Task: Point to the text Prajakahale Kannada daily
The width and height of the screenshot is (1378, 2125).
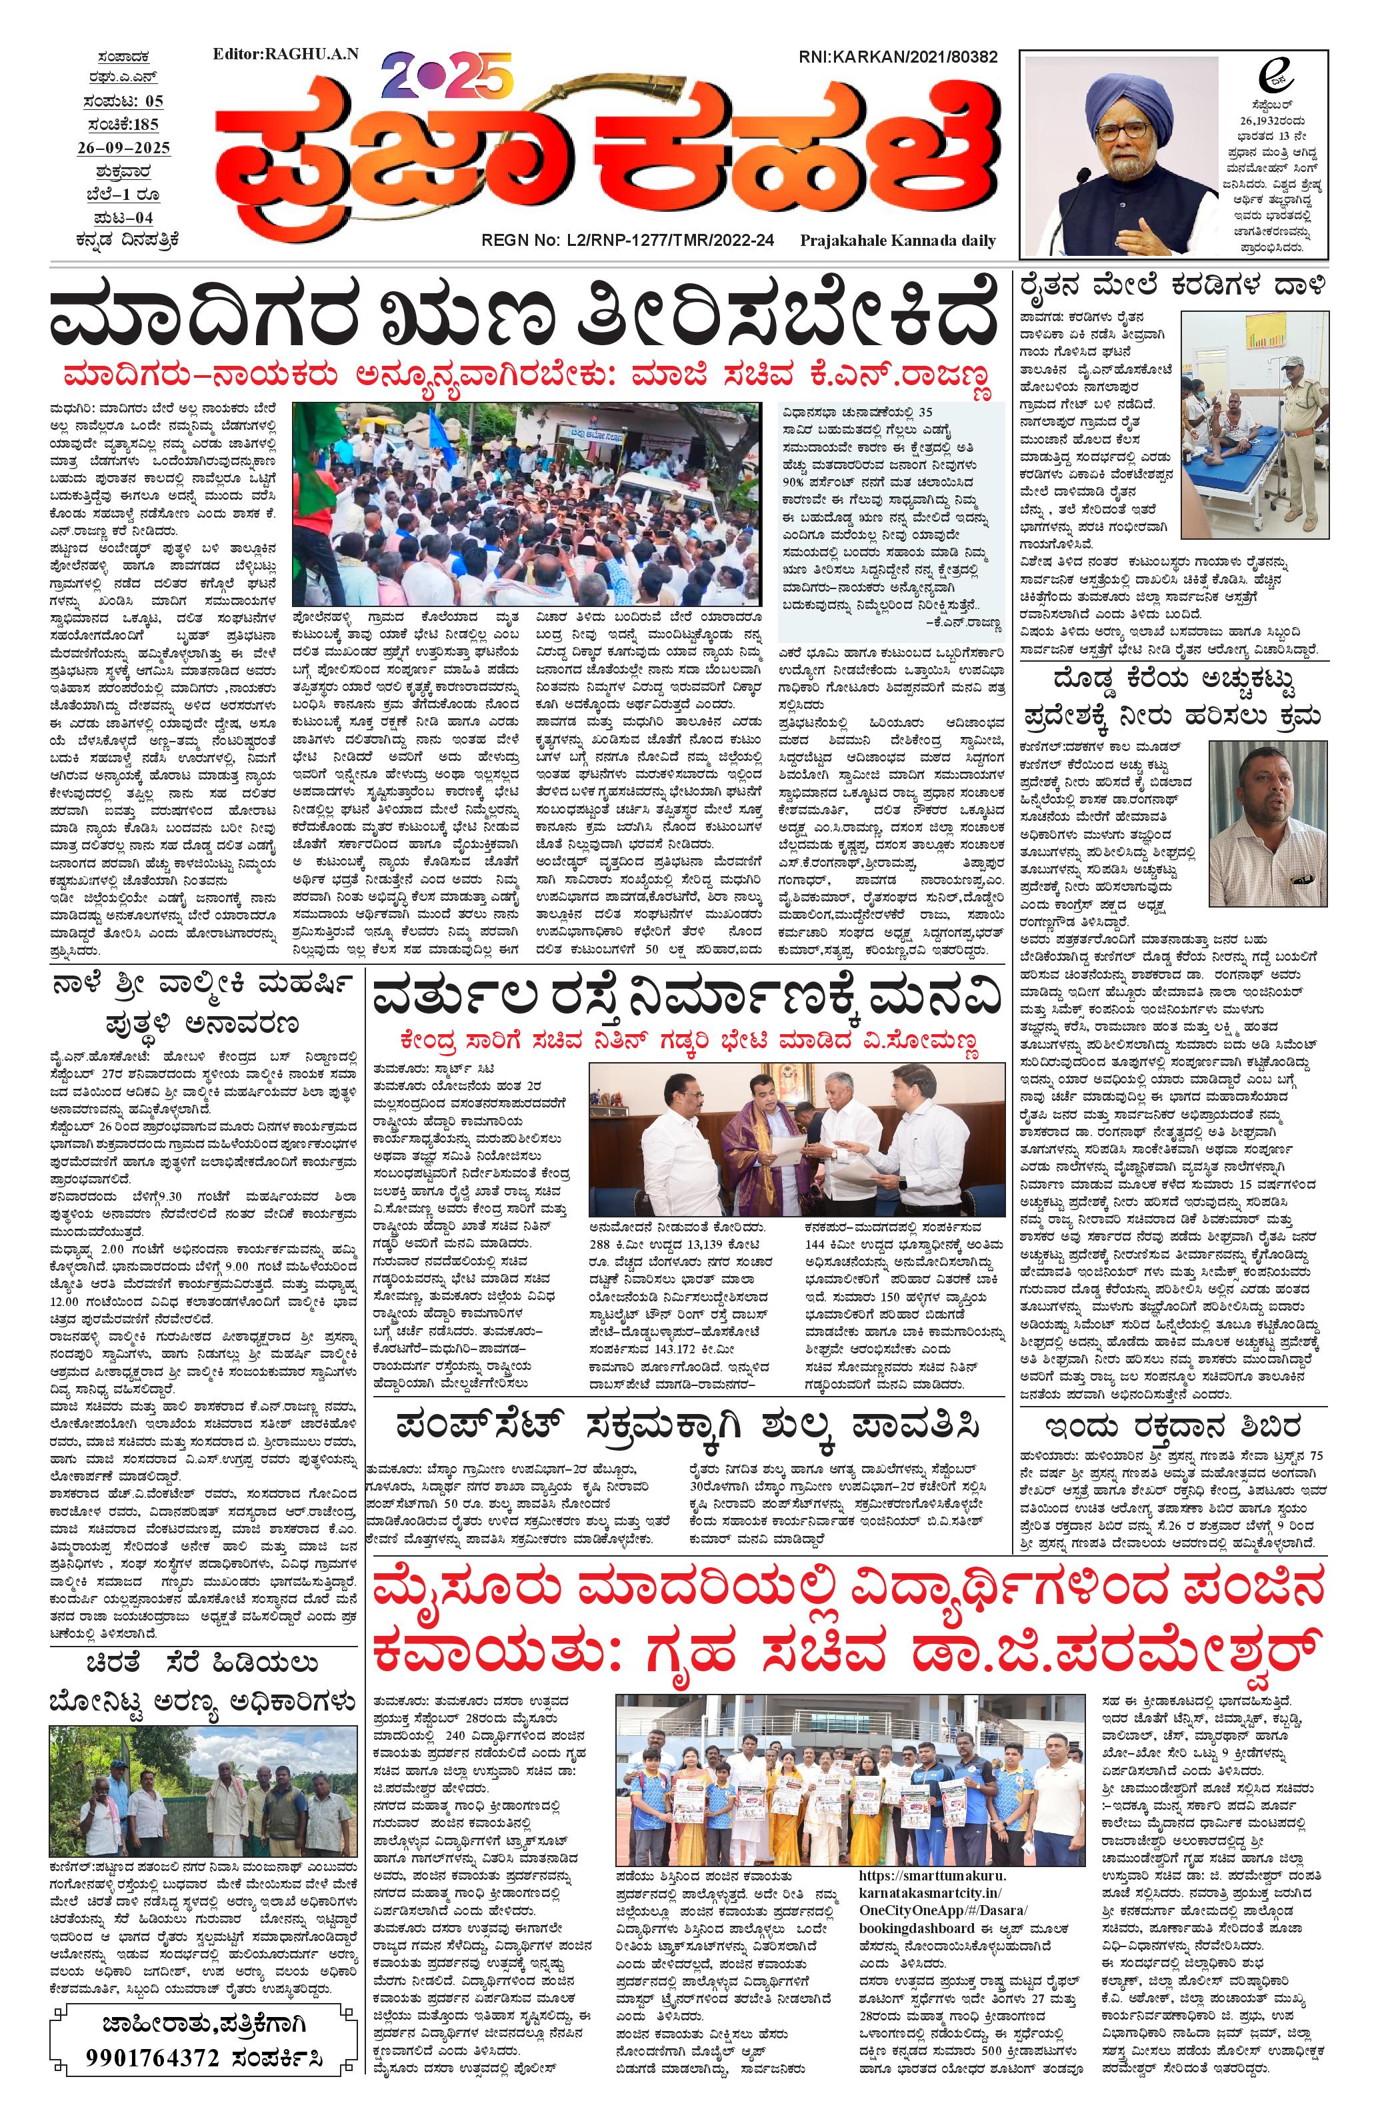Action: (897, 241)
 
